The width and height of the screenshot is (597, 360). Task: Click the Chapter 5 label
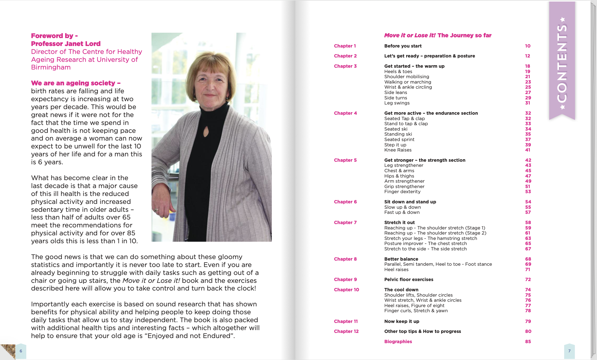point(345,160)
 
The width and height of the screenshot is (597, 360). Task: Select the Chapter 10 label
point(346,290)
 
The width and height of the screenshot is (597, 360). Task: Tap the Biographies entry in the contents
point(398,342)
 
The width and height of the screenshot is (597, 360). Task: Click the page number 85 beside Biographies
point(528,342)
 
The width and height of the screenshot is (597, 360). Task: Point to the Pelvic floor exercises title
point(409,280)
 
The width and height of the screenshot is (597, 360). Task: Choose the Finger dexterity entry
point(402,192)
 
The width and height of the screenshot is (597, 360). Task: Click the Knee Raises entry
point(398,150)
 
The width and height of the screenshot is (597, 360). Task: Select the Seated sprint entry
point(399,140)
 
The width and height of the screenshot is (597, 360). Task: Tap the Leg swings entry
point(397,103)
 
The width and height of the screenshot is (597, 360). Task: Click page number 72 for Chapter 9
point(528,280)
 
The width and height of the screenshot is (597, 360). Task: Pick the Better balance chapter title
point(401,259)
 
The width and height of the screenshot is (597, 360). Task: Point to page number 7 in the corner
point(569,351)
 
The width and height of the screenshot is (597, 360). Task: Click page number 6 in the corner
point(21,351)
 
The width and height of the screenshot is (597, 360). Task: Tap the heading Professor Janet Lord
point(66,44)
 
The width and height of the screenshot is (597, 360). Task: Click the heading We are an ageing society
point(76,83)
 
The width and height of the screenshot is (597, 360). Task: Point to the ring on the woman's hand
point(157,210)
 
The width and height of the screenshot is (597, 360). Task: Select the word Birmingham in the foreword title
point(51,67)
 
